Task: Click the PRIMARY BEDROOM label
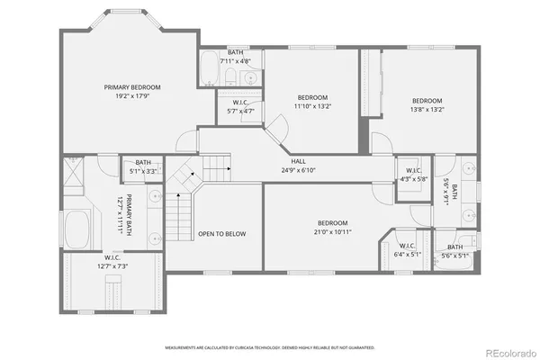[x=132, y=87]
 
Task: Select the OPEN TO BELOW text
[x=221, y=234]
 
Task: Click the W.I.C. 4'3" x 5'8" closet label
[x=413, y=174]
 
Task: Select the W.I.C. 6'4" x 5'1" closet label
[x=406, y=249]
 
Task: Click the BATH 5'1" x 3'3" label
[x=143, y=166]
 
